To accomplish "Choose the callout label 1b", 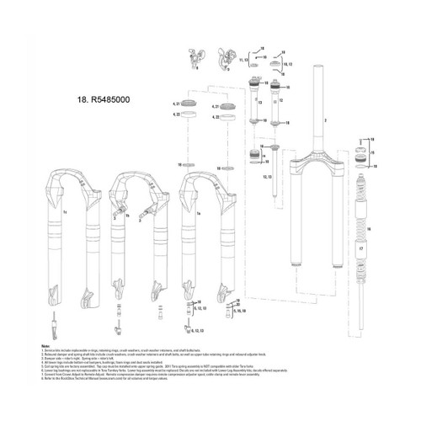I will pyautogui.click(x=129, y=215).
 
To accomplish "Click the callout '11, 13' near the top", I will pyautogui.click(x=250, y=61).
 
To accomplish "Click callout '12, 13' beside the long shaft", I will pyautogui.click(x=267, y=178).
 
